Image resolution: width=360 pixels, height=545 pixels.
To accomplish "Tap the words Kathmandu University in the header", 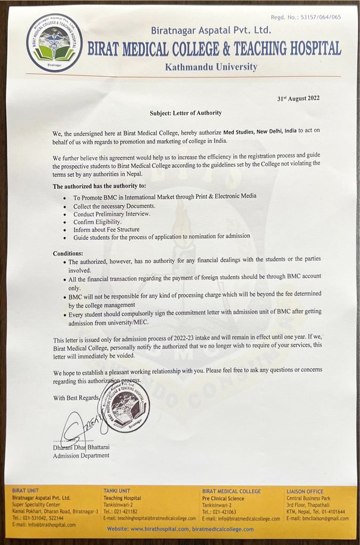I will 211,67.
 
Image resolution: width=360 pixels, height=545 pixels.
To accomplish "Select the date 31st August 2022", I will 298,98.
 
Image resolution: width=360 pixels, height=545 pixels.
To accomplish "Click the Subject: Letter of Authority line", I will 185,113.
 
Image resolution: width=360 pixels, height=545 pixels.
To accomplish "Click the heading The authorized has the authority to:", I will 99,186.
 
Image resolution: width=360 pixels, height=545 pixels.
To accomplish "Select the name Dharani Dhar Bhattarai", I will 81,448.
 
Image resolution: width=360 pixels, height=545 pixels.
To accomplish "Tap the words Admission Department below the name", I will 81,456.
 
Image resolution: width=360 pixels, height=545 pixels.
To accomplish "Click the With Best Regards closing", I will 76,398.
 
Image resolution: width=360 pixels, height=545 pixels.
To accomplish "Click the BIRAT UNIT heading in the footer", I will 25,491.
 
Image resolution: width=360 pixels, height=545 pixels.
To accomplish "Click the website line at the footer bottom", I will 180,529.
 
